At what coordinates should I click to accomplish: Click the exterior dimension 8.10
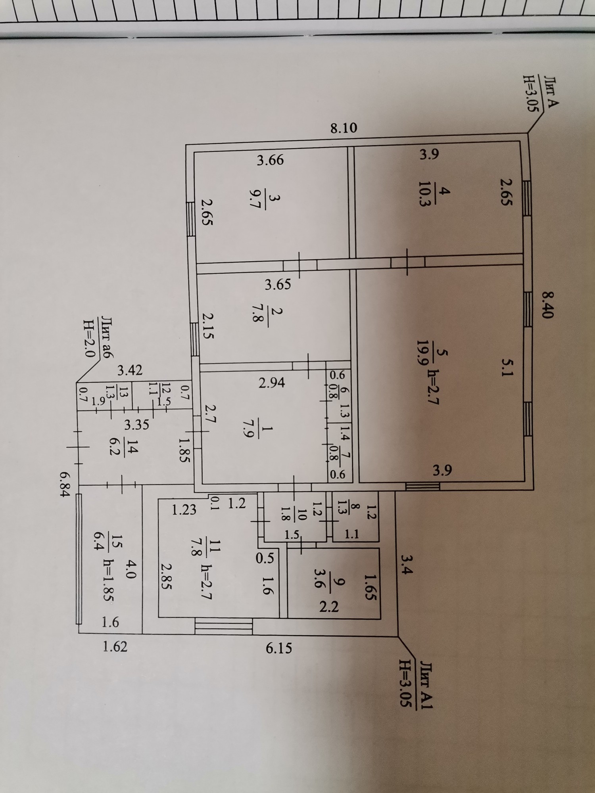click(x=344, y=128)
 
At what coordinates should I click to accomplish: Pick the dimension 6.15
click(x=278, y=648)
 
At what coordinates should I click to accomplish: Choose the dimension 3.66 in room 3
click(x=270, y=160)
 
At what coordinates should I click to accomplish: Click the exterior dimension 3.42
click(x=130, y=371)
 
